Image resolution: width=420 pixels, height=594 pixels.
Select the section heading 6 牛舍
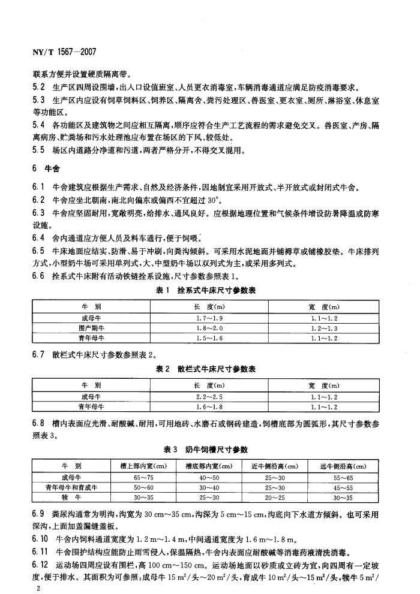click(44, 169)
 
